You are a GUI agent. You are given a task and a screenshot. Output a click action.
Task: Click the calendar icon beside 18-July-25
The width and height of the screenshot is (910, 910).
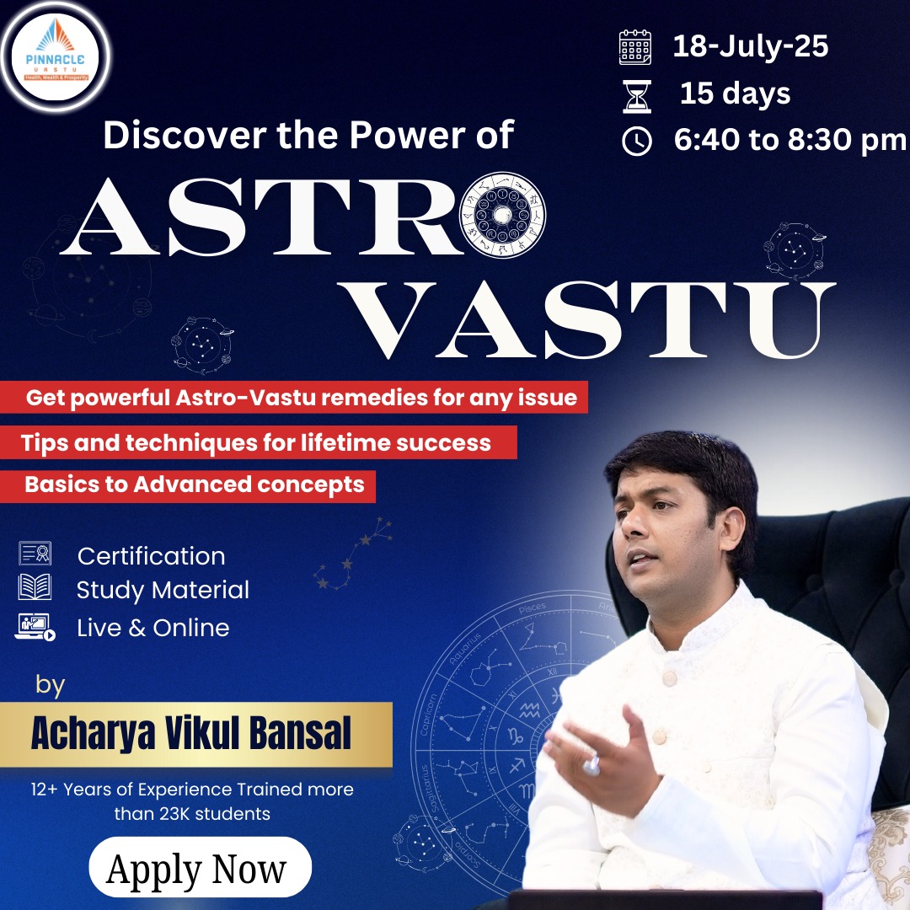[635, 48]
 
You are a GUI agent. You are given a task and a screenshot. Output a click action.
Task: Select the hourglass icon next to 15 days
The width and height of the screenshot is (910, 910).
[636, 96]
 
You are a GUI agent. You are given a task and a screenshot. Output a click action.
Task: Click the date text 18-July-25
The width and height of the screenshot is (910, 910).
[750, 46]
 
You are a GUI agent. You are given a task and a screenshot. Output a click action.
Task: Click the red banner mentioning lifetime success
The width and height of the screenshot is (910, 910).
[256, 442]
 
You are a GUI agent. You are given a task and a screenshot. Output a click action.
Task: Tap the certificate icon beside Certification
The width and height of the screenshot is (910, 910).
[35, 554]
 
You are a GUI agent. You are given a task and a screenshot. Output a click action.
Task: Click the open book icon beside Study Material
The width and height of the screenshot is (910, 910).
[35, 587]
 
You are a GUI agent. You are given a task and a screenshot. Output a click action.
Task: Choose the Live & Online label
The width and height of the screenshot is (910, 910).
[153, 628]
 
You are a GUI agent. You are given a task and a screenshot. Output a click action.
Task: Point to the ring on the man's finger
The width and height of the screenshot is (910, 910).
[591, 764]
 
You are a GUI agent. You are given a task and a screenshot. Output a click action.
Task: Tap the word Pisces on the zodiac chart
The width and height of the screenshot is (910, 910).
[532, 608]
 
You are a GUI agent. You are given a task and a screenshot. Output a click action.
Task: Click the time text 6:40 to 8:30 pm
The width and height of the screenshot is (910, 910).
[790, 141]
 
